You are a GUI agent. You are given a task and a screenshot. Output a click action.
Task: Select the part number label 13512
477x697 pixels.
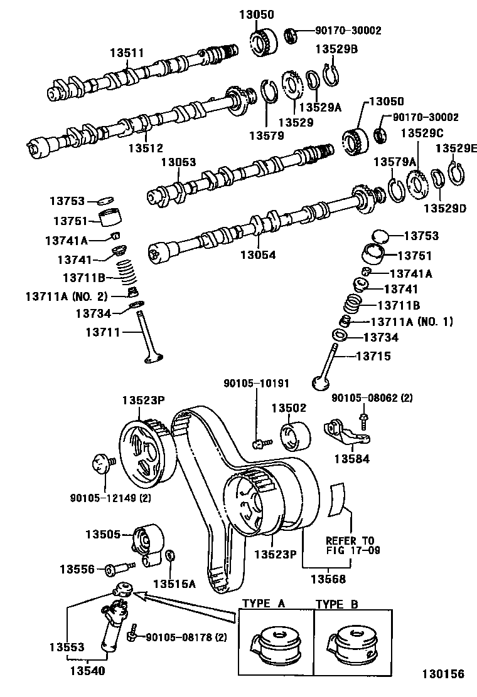click(146, 148)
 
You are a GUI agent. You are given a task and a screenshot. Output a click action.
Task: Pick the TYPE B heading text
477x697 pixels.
click(337, 604)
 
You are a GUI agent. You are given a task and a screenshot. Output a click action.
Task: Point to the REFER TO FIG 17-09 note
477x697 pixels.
click(350, 545)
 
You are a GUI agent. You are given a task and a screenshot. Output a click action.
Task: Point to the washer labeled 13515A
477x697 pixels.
click(174, 557)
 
